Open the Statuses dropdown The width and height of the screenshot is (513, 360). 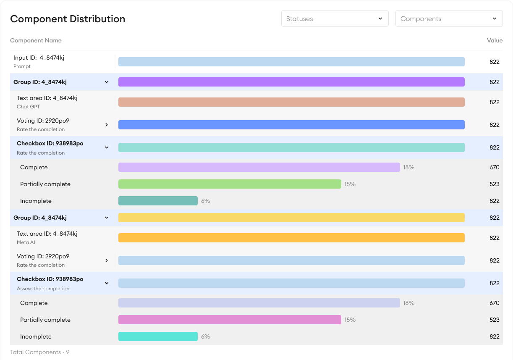click(x=335, y=19)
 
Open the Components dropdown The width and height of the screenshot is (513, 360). click(x=449, y=19)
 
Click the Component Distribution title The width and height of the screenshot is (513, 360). click(x=68, y=19)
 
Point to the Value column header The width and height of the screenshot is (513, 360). click(x=495, y=41)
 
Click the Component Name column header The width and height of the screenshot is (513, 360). click(x=36, y=41)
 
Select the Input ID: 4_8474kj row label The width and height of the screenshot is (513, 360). click(x=39, y=58)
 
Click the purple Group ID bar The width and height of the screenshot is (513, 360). click(x=291, y=82)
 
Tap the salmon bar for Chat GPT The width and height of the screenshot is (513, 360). click(x=291, y=102)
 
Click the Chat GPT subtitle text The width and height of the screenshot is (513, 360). click(x=28, y=107)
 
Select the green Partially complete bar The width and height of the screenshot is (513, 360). click(x=230, y=184)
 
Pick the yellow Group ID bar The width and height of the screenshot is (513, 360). click(x=291, y=218)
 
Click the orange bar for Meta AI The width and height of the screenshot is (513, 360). click(x=291, y=238)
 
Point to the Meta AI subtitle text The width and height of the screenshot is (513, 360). click(x=26, y=242)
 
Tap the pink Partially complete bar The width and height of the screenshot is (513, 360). click(x=230, y=320)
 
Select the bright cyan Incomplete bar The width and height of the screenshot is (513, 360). click(x=158, y=336)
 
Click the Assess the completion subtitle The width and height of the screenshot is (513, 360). click(x=43, y=289)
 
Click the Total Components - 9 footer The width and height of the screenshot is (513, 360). click(x=39, y=352)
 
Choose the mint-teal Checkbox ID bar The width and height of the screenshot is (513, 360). click(x=291, y=147)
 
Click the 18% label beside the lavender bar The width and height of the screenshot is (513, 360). click(x=409, y=167)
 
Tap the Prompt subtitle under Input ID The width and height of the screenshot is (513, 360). click(x=22, y=66)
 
